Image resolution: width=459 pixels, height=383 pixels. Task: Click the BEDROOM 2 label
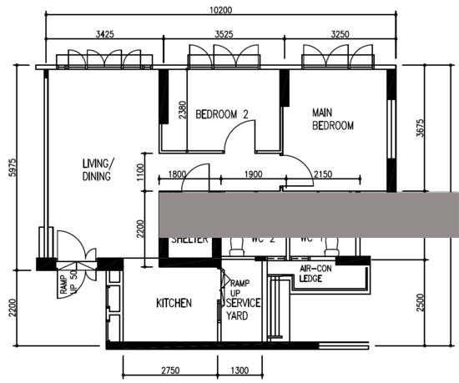click(222, 114)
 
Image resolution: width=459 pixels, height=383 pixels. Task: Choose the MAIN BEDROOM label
click(333, 118)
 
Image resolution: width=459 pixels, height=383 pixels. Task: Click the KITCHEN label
click(174, 304)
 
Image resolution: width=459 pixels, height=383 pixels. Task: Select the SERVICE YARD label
click(243, 311)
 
